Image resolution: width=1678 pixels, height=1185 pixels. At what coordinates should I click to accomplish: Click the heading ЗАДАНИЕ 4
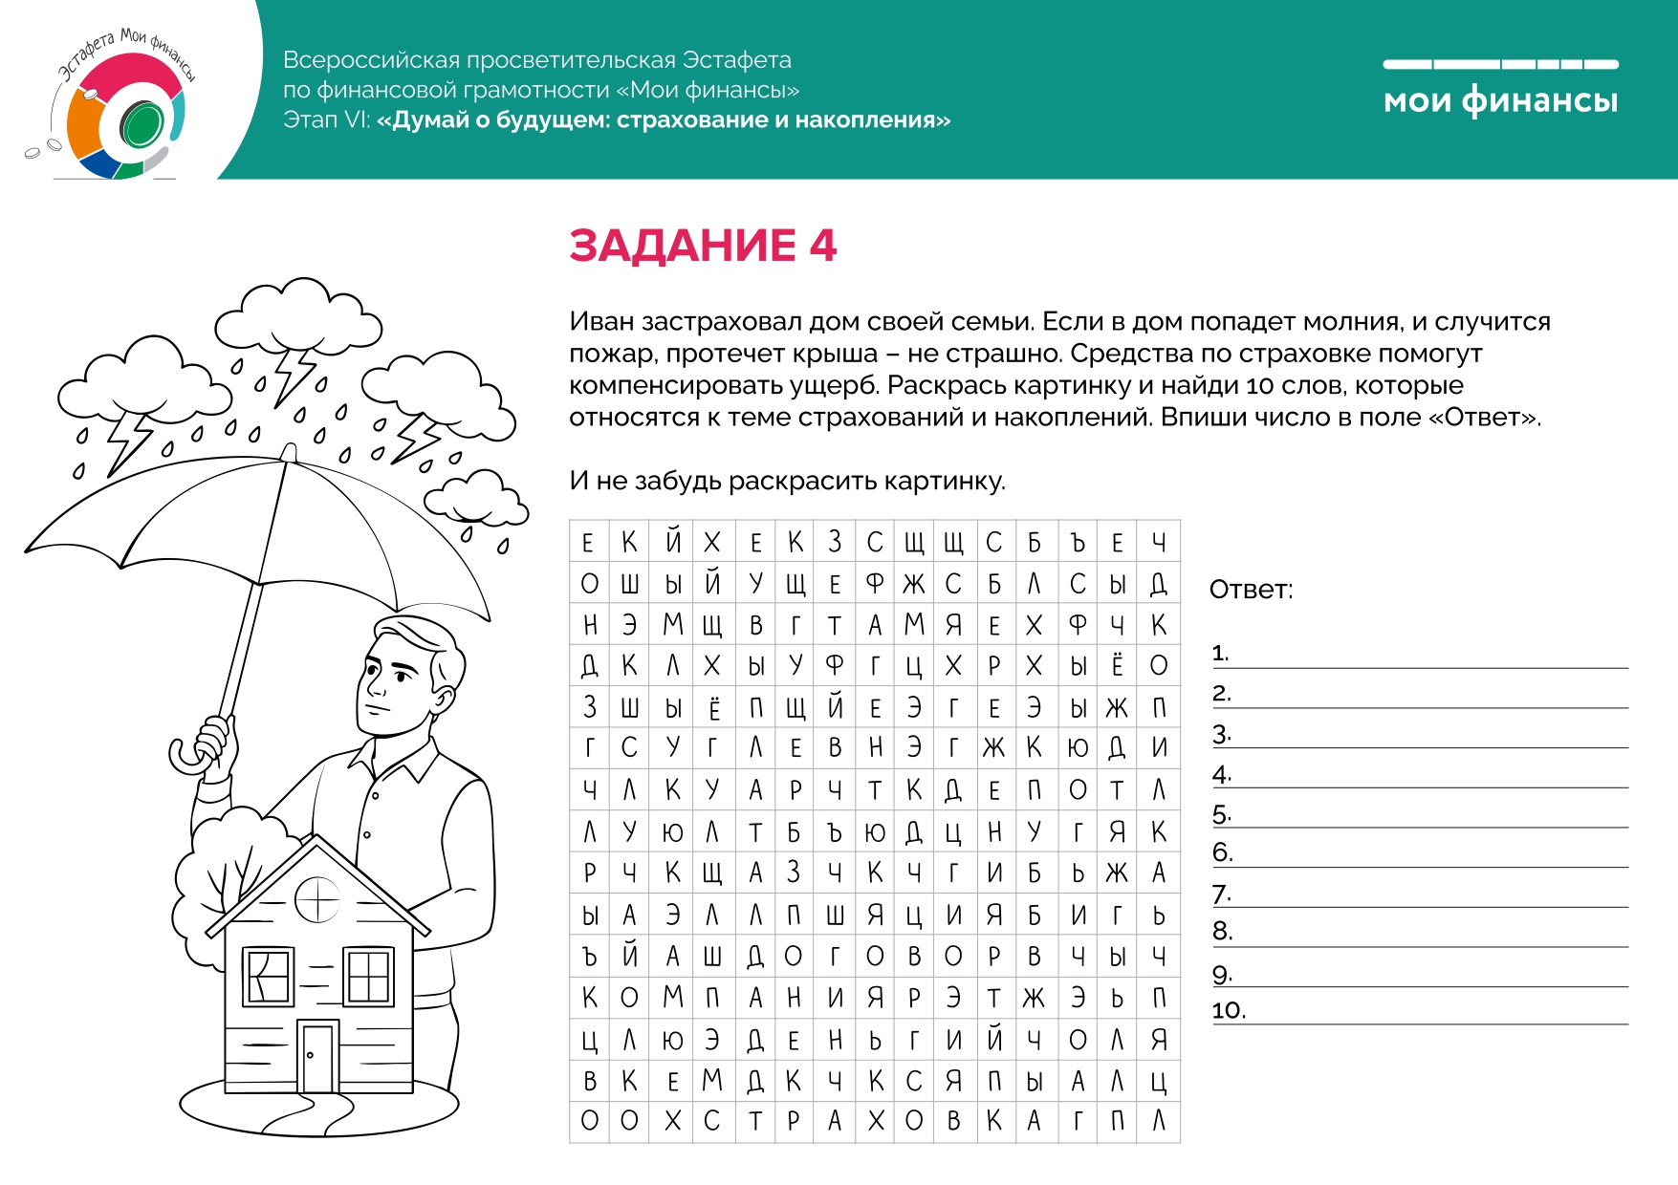click(703, 246)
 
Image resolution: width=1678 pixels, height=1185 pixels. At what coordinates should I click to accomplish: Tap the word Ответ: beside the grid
click(1251, 590)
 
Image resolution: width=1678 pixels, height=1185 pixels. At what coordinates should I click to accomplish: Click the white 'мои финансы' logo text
click(1500, 100)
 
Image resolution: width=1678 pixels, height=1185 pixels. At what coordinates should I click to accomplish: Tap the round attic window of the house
click(317, 898)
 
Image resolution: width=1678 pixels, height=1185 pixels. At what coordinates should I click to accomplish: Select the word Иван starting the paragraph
click(601, 322)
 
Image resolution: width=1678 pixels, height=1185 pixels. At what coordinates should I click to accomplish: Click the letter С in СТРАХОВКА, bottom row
click(711, 1121)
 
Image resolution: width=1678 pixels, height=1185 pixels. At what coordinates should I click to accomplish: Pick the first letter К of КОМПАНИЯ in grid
click(589, 999)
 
